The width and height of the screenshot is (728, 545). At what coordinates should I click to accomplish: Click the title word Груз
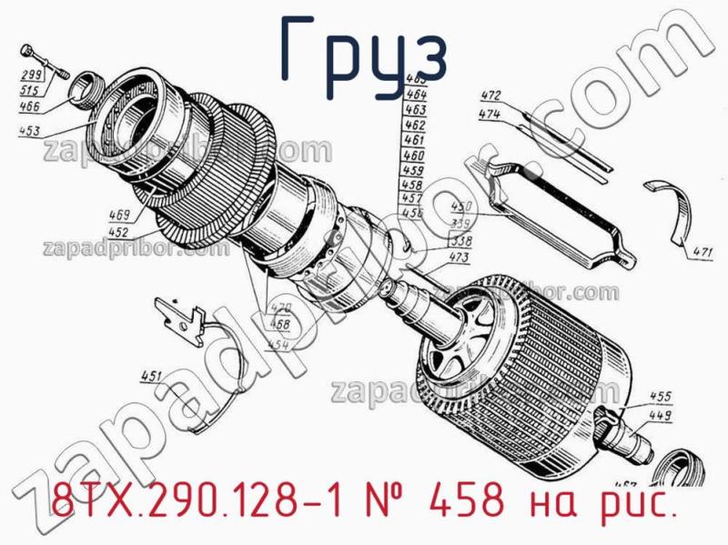click(x=364, y=53)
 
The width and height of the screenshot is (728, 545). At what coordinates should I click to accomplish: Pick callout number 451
click(x=150, y=376)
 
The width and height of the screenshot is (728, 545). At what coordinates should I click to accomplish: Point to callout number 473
click(x=459, y=259)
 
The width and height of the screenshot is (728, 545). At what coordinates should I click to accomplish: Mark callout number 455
click(x=661, y=397)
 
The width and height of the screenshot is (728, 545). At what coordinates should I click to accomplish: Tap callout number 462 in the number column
click(x=414, y=125)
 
